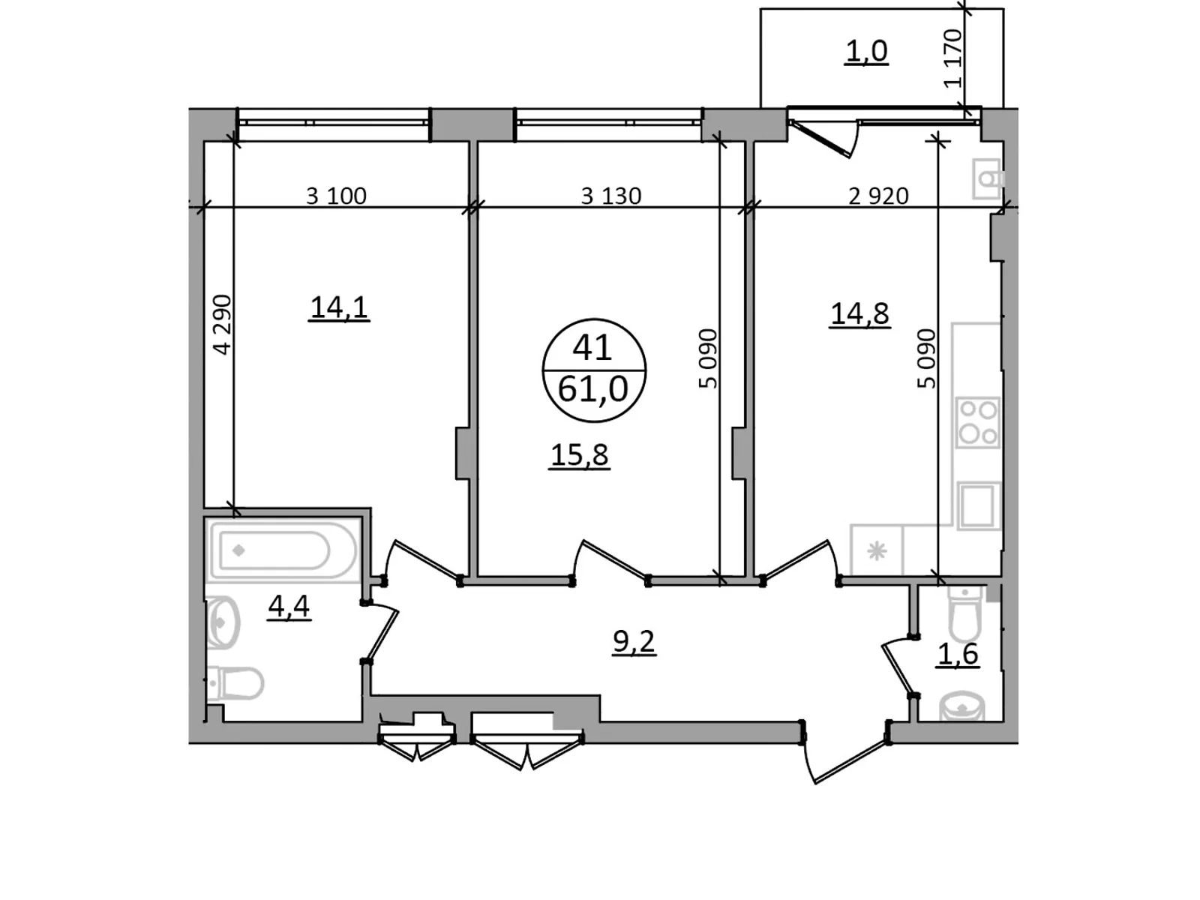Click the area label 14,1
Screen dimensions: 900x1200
click(x=338, y=307)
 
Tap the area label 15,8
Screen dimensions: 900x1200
click(x=579, y=454)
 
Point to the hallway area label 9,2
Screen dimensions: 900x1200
click(x=634, y=641)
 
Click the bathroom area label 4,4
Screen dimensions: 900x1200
click(x=289, y=605)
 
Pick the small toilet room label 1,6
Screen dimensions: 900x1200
click(x=958, y=654)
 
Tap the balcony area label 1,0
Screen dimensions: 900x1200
click(x=866, y=51)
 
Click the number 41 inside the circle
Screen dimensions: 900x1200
click(x=592, y=347)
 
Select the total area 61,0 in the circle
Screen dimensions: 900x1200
click(x=592, y=389)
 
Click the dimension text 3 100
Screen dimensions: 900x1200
click(x=336, y=196)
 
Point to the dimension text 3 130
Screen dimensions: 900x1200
click(x=610, y=196)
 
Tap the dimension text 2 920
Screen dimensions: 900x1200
click(x=877, y=196)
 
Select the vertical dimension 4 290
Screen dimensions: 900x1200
click(x=223, y=324)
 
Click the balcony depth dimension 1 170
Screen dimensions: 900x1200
click(x=952, y=58)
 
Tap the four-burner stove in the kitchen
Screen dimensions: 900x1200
click(x=978, y=422)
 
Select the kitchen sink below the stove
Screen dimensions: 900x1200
click(x=979, y=506)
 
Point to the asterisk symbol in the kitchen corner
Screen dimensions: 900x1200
click(x=876, y=552)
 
